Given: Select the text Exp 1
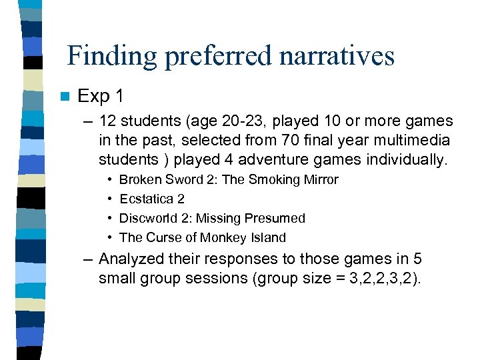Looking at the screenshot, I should point(100,96).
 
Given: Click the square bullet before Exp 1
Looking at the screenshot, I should point(63,97).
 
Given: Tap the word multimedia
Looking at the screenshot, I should point(413,141).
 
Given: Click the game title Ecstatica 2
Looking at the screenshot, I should point(152,199).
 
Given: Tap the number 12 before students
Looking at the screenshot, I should point(107,122).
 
